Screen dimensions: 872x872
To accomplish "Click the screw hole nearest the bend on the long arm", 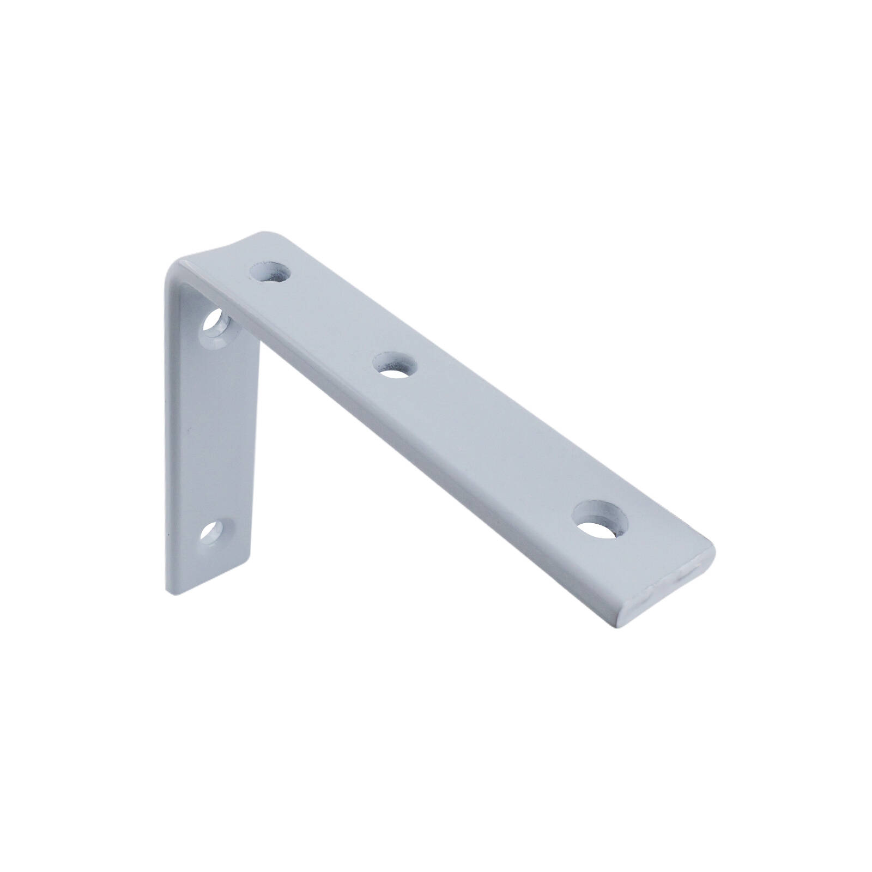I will (x=269, y=271).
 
